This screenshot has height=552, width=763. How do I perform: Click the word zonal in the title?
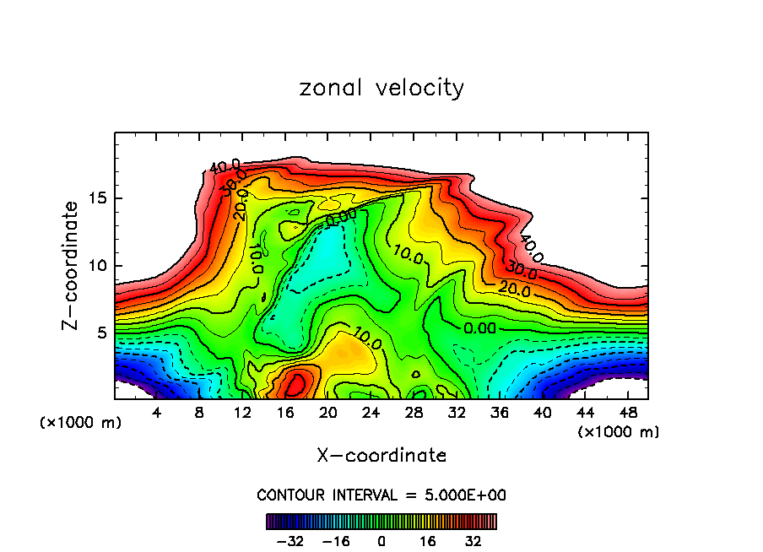point(331,88)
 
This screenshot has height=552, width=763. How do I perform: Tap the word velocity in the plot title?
point(421,89)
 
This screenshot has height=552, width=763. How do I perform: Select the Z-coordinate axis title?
point(72,265)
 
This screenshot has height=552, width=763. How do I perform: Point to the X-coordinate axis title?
point(381,456)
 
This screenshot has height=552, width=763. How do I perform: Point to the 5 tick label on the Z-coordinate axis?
point(98,333)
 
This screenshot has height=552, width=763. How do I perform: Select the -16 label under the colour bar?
point(336,541)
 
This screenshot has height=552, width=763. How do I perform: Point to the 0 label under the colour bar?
point(381,541)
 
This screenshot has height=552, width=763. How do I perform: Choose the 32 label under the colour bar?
point(473,541)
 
